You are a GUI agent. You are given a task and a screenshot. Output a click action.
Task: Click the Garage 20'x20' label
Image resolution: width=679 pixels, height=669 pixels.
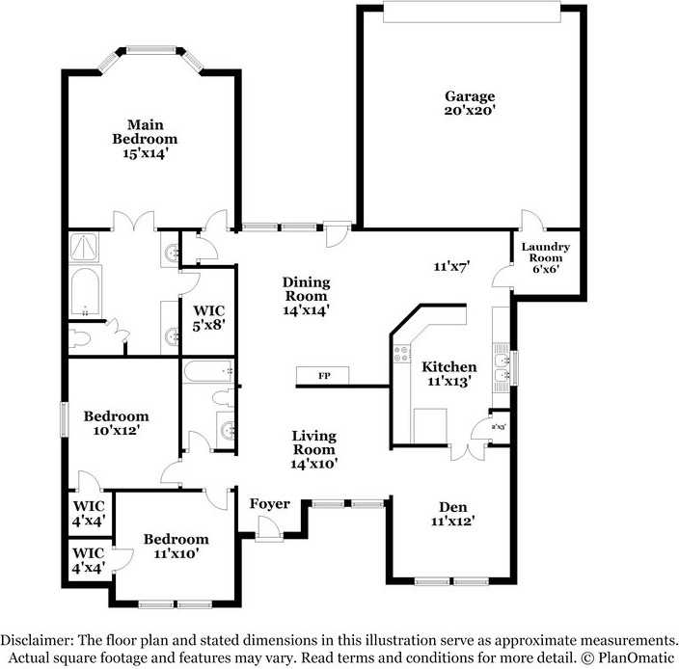coord(470,103)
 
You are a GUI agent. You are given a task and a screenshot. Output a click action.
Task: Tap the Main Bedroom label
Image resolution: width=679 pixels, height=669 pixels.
coord(145,139)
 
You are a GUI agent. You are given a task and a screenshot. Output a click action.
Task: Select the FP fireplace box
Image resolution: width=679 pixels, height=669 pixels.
coord(322,376)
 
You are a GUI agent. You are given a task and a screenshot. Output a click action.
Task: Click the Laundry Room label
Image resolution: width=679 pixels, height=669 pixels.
coord(546,257)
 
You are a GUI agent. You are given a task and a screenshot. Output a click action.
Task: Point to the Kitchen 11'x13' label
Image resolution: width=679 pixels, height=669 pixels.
coord(449,374)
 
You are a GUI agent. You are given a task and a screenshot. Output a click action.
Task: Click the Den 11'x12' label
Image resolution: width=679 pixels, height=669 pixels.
coord(453,514)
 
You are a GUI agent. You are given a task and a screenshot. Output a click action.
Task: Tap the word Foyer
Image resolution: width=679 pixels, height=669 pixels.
coord(269,504)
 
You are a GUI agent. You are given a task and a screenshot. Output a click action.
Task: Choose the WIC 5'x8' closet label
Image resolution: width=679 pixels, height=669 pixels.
coord(208,317)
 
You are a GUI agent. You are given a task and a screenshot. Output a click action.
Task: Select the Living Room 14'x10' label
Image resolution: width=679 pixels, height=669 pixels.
coord(314,449)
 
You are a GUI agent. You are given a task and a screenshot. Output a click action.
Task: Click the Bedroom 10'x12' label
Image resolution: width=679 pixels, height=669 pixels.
coord(116,423)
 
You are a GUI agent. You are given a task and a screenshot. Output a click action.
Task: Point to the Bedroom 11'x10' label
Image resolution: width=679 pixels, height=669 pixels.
coord(177,546)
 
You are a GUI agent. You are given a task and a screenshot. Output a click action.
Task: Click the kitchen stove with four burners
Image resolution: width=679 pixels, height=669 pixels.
coord(401,353)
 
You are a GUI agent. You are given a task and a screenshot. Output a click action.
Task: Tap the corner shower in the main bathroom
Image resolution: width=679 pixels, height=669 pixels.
coord(84,247)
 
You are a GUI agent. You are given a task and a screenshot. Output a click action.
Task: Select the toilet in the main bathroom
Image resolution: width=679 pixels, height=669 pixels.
coord(80,338)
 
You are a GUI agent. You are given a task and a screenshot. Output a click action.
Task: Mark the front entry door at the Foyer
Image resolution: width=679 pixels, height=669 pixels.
coord(269,528)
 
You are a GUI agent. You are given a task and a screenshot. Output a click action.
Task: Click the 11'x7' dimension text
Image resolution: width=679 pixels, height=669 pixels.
coord(451,266)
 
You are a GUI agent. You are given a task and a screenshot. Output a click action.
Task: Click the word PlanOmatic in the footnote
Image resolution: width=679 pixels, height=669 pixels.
coord(637,658)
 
